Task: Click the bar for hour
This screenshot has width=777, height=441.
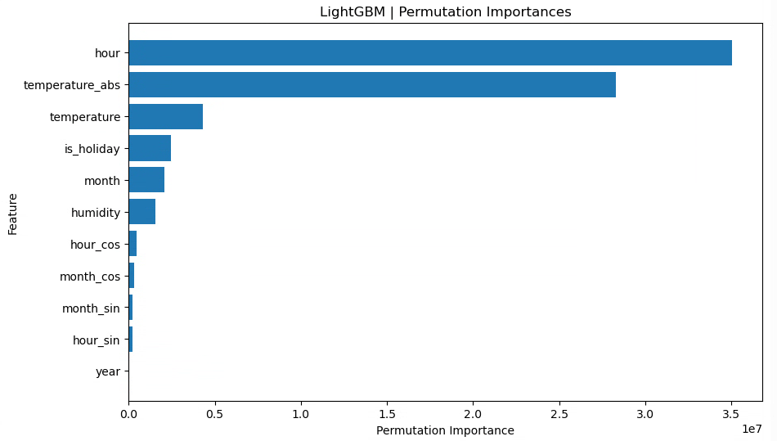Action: (429, 53)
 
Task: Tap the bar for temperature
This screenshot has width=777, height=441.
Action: (165, 117)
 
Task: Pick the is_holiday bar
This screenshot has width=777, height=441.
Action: (150, 149)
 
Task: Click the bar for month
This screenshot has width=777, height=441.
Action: (146, 181)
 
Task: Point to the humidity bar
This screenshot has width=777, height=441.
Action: (141, 213)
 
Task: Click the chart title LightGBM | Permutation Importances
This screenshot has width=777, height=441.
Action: (445, 12)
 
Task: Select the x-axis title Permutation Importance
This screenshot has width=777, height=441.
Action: (445, 430)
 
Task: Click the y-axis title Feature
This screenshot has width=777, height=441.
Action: (13, 214)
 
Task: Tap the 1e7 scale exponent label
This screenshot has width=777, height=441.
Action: (752, 429)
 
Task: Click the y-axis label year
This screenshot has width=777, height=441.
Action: (107, 372)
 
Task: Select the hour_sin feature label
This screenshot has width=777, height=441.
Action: (96, 340)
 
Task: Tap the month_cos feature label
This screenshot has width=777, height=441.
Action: (89, 277)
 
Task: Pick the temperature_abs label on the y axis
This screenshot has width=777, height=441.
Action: (71, 85)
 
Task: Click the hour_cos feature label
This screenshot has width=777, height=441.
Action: (95, 245)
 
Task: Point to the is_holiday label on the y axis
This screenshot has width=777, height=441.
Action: (92, 149)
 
